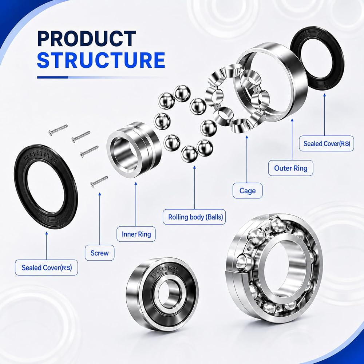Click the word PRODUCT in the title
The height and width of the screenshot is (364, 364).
[86, 39]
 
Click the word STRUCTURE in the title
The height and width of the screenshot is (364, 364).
[101, 60]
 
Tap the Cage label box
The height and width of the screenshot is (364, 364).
[248, 191]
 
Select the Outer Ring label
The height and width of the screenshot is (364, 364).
[290, 168]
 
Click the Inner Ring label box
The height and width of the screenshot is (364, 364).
[136, 234]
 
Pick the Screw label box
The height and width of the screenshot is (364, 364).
[100, 253]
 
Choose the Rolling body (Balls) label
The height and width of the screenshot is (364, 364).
[194, 217]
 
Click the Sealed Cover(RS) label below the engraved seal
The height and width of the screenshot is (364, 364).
[47, 268]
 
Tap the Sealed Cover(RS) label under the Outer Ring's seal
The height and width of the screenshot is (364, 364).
[327, 143]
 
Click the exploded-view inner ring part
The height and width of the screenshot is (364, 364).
[134, 147]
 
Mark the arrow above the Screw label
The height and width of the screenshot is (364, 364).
[100, 218]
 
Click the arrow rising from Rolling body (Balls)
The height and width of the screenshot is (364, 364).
[194, 187]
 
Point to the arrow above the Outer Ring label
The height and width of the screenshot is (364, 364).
[292, 139]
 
